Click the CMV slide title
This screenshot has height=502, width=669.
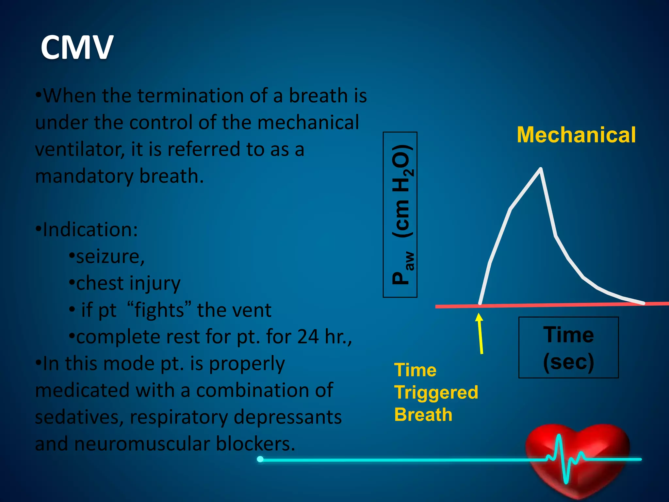77,48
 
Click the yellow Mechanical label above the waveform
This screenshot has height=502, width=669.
576,135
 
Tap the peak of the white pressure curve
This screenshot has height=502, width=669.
541,169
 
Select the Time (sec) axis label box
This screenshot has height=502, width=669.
568,347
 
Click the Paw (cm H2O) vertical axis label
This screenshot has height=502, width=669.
400,215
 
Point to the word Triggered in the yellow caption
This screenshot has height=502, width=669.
436,392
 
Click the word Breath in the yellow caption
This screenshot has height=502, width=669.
423,414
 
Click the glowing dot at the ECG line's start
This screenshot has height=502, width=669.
260,459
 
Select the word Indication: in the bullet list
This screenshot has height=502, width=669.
90,230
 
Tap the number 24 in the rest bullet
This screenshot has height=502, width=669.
308,337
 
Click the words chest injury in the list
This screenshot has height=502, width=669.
128,283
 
